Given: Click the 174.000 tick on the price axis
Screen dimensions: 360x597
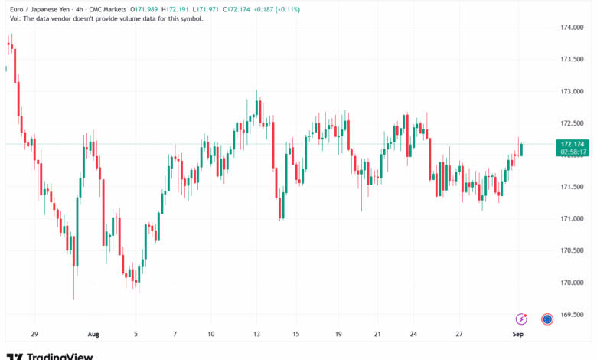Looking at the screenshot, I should (x=572, y=28).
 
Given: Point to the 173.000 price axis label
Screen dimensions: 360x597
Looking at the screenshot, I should (x=572, y=91).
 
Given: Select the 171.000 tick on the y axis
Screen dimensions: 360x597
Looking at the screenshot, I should (x=572, y=219).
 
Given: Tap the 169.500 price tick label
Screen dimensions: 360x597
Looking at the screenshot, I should (x=572, y=315).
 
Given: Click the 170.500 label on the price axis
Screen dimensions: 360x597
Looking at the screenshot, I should (x=572, y=251).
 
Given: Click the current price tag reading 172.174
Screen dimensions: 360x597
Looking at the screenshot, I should (x=573, y=143).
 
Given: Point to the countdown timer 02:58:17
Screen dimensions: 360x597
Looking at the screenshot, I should (x=573, y=152).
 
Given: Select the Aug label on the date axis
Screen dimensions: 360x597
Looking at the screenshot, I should (x=93, y=335).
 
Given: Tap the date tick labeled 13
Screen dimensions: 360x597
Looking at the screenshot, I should (x=258, y=335).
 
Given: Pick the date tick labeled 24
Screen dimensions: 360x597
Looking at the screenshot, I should (x=413, y=335).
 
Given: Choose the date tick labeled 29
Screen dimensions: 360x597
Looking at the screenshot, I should (x=34, y=335).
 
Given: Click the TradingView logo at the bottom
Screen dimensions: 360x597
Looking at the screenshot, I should (x=50, y=355).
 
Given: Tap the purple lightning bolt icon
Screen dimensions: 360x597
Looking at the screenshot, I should (x=522, y=319).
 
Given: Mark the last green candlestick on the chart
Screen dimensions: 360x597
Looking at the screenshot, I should (x=521, y=149).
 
